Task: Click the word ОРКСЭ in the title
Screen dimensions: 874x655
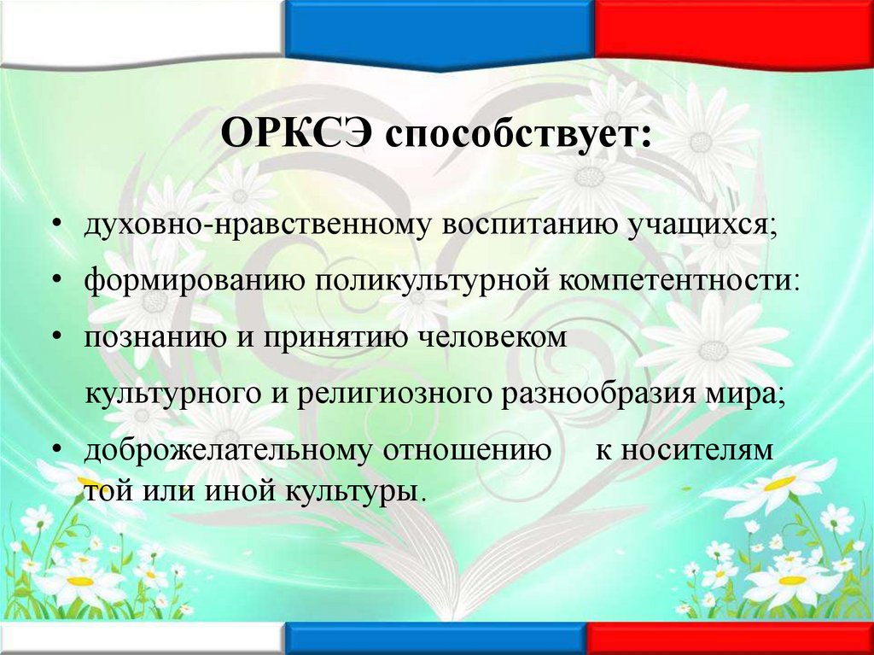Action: click(x=295, y=133)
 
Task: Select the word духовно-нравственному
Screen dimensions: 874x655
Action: click(x=250, y=226)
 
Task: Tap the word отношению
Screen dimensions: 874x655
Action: click(x=467, y=451)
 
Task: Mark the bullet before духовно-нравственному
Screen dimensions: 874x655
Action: click(x=56, y=225)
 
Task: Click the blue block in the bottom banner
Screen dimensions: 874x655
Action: click(x=435, y=640)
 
